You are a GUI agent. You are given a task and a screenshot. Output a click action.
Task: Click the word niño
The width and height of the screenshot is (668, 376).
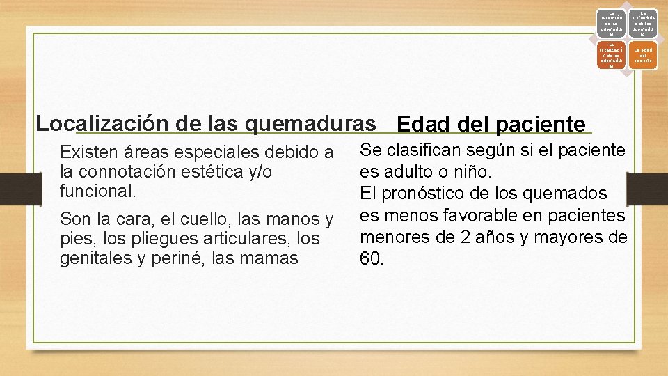click(472, 171)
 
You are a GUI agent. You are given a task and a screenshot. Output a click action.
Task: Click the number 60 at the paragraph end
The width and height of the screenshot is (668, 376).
click(370, 259)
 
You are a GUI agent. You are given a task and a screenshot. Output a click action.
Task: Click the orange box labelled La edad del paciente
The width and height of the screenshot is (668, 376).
click(644, 55)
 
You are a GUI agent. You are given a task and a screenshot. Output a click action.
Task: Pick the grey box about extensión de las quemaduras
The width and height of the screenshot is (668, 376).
click(611, 22)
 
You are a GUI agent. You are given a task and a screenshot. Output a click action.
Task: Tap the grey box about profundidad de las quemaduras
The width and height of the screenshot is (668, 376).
click(644, 22)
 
